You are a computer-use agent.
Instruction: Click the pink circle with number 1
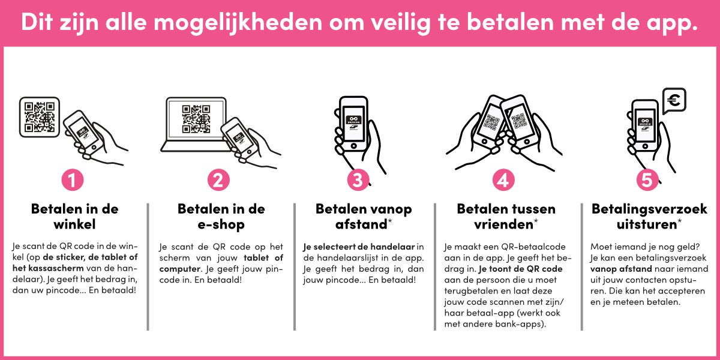tap(73, 181)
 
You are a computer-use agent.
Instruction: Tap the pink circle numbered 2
tap(218, 181)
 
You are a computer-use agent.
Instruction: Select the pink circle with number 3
tap(358, 181)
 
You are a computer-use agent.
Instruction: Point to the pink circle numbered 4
tap(503, 181)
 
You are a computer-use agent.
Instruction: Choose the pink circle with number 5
tap(647, 181)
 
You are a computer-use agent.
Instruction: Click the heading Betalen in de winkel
tap(74, 217)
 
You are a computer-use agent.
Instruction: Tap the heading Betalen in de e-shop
tap(221, 217)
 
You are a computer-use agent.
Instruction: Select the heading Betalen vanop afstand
tap(364, 217)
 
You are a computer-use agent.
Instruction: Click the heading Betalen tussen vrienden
tap(506, 217)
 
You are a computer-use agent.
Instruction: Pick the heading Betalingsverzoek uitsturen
tap(649, 217)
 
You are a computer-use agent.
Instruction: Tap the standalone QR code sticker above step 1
tap(40, 116)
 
